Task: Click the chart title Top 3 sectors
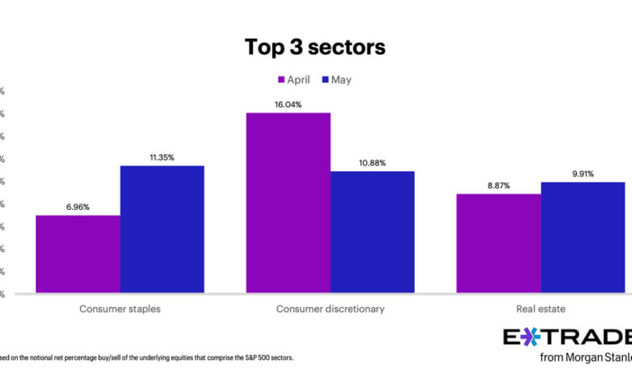316,47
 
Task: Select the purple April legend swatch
282,79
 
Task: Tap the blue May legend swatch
325,79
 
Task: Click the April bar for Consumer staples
78,254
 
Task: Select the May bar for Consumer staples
162,229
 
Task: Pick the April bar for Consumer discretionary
288,203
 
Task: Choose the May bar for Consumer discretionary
373,232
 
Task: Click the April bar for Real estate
499,243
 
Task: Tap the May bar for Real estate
583,238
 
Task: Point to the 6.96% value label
78,208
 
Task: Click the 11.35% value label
162,157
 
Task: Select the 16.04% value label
288,105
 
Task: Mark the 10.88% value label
373,163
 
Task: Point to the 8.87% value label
499,186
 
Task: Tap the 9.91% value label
583,173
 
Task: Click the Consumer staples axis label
120,309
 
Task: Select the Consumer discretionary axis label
331,309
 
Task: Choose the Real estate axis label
541,309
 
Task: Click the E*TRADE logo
567,337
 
